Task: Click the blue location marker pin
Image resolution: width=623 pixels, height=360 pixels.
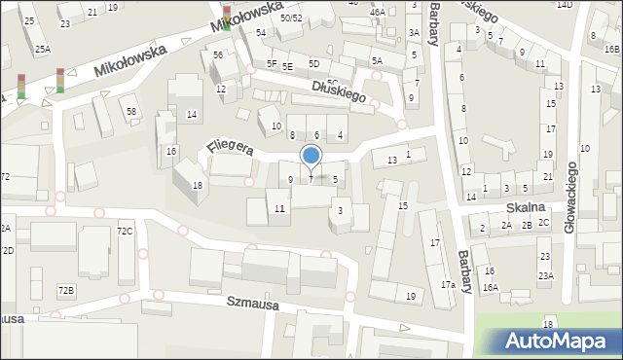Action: click(311, 156)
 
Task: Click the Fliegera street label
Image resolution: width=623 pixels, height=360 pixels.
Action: click(230, 147)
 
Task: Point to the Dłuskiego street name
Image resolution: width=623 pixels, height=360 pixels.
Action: click(339, 90)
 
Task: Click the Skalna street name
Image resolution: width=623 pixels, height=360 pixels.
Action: click(524, 208)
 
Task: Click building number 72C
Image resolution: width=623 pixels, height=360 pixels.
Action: click(125, 231)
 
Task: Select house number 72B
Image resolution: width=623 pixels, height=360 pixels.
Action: click(65, 290)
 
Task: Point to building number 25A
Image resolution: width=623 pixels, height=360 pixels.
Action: click(43, 49)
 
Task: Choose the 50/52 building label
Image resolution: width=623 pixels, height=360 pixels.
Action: click(291, 18)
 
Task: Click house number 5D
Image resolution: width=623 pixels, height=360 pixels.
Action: click(313, 63)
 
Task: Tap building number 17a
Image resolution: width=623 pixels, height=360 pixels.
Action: click(448, 285)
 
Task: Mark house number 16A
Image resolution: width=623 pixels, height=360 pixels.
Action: click(491, 287)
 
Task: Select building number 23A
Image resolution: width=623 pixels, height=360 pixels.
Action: click(546, 276)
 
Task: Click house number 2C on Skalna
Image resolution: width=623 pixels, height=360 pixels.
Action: click(544, 224)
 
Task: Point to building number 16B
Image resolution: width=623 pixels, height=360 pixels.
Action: click(610, 49)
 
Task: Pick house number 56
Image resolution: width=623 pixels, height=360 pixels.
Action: click(218, 55)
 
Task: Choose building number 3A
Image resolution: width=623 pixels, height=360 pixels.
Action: click(414, 32)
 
